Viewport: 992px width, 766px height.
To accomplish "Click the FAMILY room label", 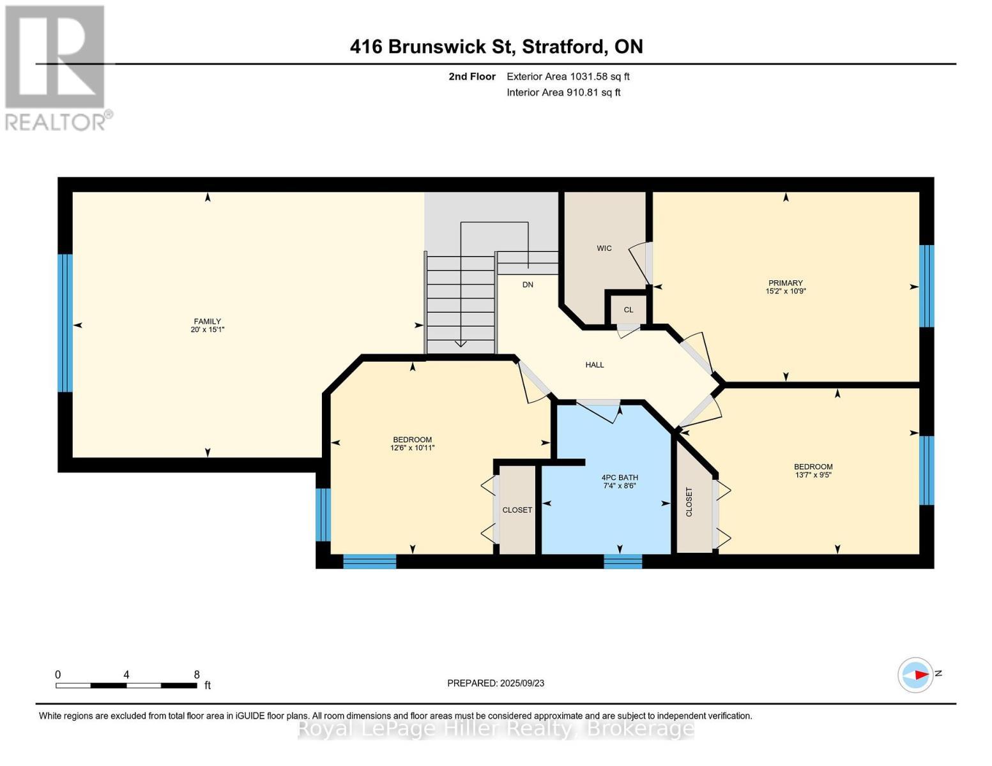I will click(208, 321).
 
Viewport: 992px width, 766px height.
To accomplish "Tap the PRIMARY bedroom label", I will click(785, 283).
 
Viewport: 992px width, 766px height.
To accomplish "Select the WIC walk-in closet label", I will click(604, 248).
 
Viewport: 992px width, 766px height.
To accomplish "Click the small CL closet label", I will click(628, 310).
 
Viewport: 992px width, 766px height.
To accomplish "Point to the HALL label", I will click(594, 365).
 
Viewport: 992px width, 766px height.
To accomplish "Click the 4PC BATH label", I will click(620, 477).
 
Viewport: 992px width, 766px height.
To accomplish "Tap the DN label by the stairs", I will click(528, 285).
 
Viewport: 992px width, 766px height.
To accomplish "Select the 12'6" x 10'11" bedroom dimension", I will click(412, 448).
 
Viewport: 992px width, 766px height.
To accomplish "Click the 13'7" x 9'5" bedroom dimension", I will click(813, 475).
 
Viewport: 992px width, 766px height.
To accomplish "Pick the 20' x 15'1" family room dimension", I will click(208, 330).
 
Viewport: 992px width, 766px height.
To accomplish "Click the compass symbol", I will click(915, 675).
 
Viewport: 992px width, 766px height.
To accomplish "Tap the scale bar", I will click(126, 686).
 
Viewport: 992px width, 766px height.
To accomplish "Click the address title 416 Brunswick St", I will click(496, 47).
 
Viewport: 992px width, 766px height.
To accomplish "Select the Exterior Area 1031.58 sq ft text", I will click(568, 77).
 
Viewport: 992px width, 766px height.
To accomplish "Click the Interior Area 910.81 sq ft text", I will click(563, 93).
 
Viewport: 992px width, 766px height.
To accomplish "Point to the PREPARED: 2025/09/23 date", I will click(496, 683).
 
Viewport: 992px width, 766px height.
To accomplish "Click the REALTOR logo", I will click(56, 67).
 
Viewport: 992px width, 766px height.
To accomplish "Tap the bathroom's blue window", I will click(623, 562).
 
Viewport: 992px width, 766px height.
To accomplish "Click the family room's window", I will click(65, 323).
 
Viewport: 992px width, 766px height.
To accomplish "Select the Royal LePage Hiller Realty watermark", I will click(496, 728).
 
